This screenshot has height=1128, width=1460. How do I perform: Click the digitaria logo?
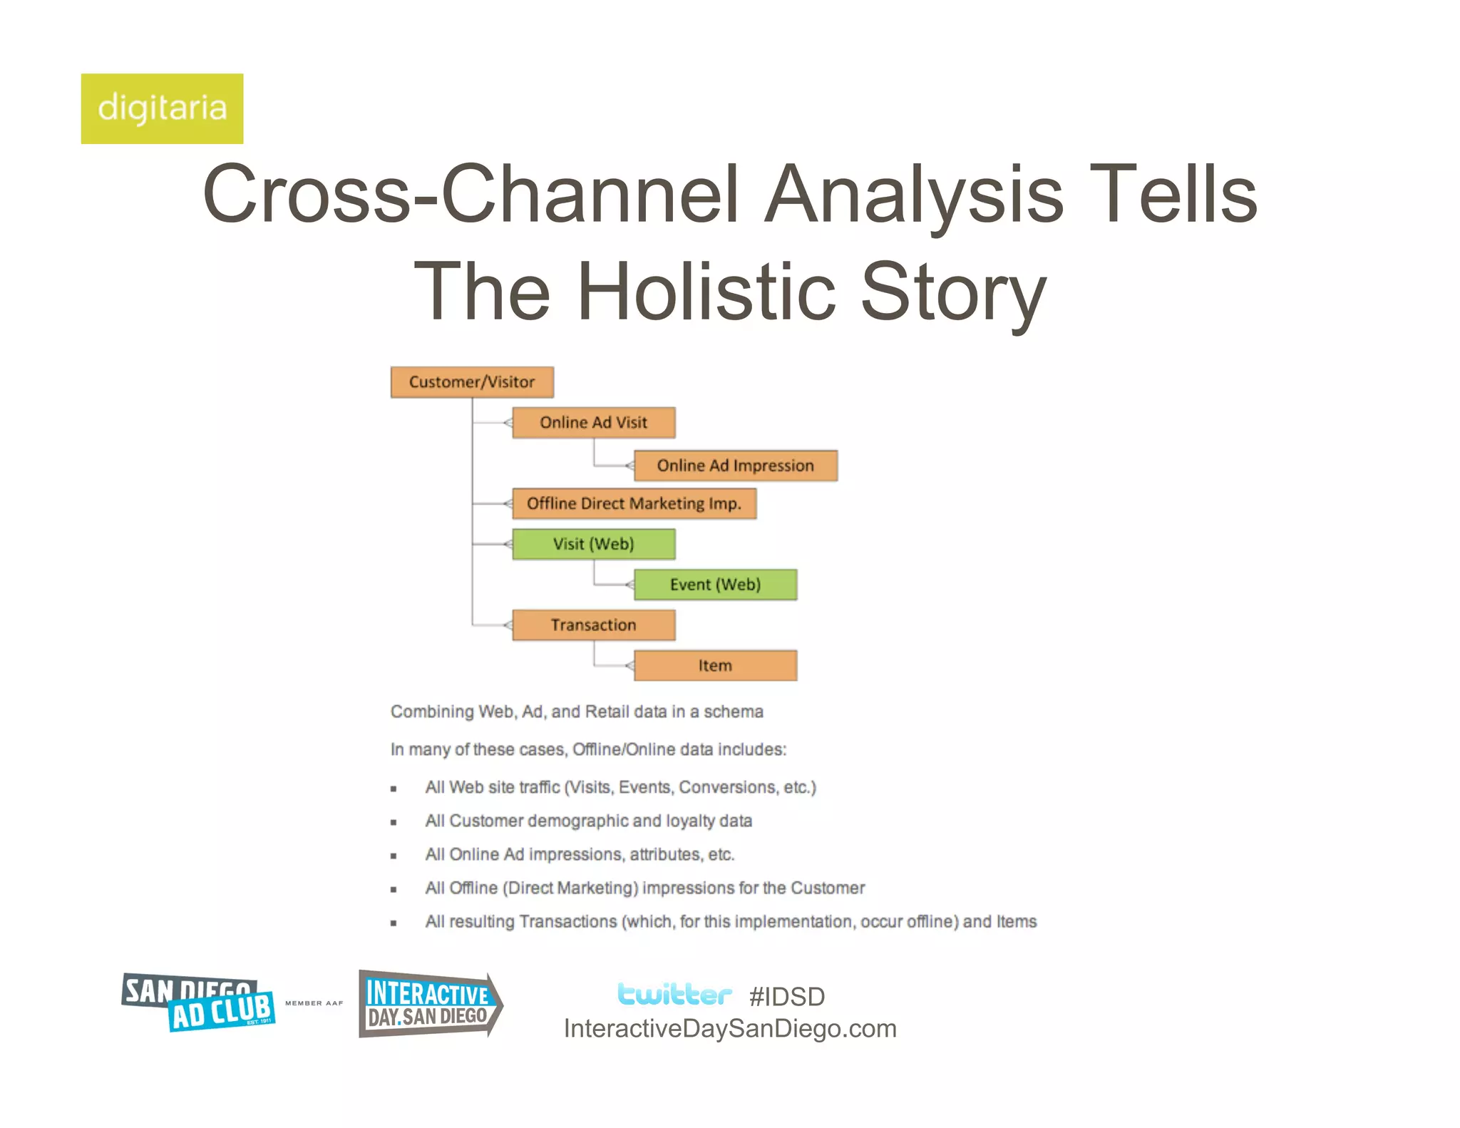pos(162,108)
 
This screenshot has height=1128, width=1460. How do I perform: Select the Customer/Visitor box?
pos(472,382)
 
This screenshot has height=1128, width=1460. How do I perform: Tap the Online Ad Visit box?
pos(593,423)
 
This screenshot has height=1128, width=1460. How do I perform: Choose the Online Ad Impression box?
pos(735,466)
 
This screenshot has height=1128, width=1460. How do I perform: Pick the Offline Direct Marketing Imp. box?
pos(634,503)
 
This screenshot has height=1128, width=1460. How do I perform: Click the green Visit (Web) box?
pos(593,544)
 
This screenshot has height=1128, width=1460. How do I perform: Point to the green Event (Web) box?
pos(715,585)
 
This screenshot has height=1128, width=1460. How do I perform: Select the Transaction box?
pos(593,625)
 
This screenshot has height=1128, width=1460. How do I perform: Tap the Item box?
pos(715,665)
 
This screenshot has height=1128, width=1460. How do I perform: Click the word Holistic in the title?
pos(706,292)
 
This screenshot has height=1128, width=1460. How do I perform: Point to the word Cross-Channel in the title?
pos(470,194)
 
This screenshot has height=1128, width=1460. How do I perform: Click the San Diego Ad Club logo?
pos(198,1002)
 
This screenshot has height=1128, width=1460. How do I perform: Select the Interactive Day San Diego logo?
pos(430,1004)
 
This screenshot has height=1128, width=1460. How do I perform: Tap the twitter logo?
pos(674,994)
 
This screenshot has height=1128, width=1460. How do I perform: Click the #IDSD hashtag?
pos(787,997)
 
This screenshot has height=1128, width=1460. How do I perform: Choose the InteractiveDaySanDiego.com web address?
pos(730,1029)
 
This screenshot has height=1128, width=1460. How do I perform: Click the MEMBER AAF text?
pos(314,1003)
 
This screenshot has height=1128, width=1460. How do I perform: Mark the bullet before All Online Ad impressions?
pos(394,856)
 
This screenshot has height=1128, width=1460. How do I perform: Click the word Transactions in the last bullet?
pos(568,922)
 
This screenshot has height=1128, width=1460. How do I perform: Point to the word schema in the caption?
pos(734,712)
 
